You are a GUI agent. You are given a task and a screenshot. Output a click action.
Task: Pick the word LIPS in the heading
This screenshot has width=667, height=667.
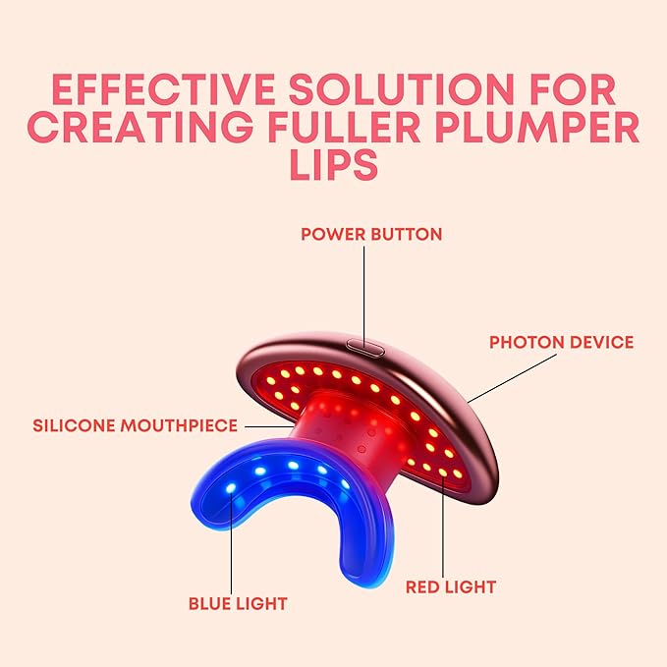point(333,164)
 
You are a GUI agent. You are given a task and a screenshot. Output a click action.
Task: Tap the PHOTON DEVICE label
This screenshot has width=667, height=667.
point(562,342)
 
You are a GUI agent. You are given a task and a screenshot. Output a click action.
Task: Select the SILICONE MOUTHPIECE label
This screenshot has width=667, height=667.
point(135,425)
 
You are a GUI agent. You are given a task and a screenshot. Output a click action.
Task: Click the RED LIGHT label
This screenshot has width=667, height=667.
point(451,586)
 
